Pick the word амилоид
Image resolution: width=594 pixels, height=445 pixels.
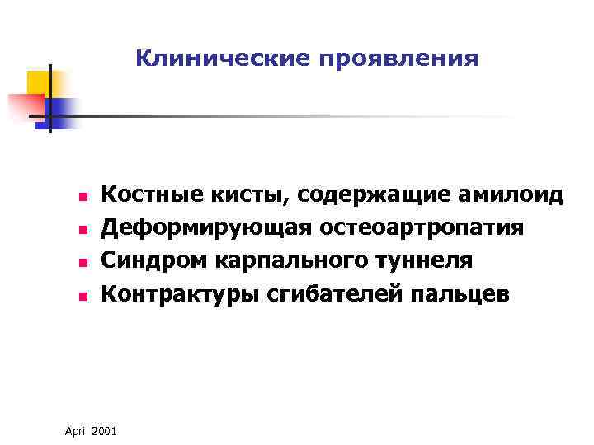511,195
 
